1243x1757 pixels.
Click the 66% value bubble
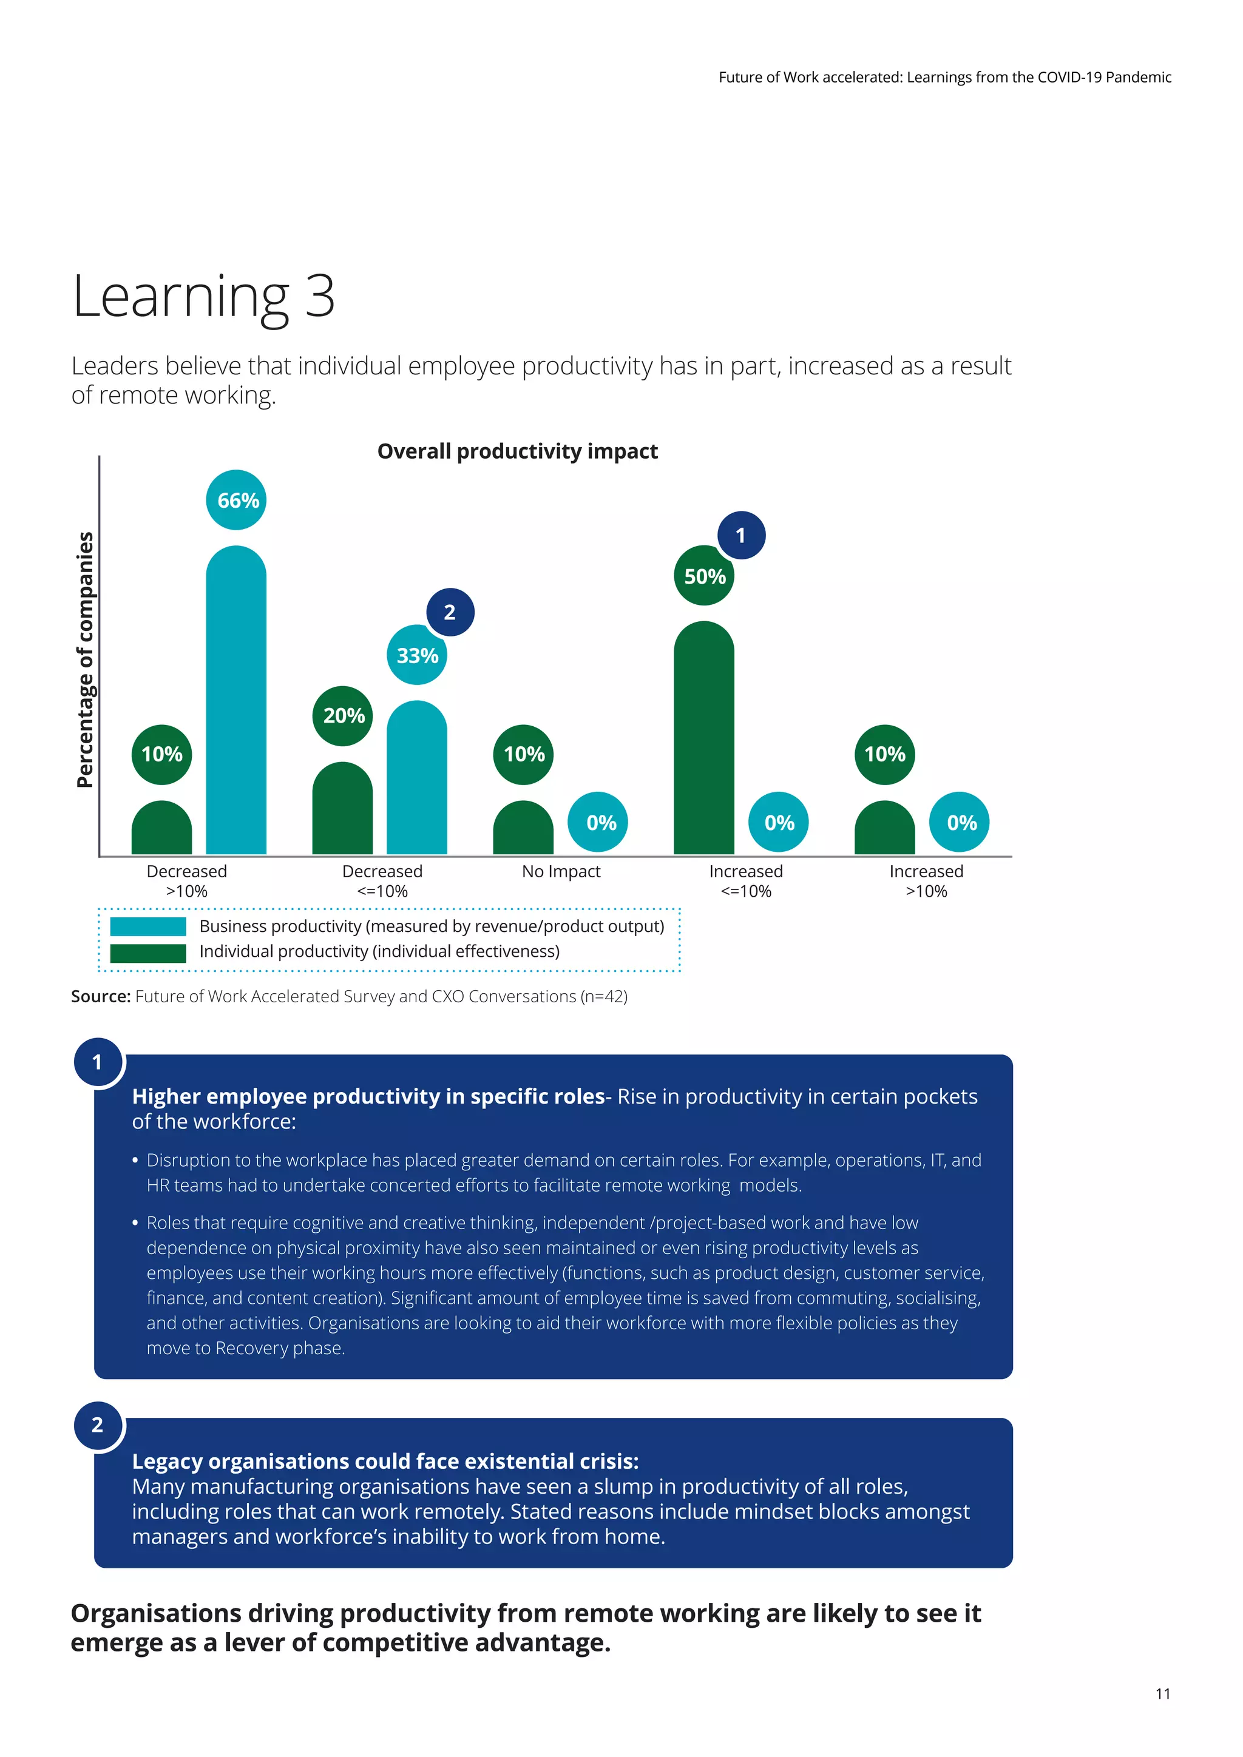coord(237,500)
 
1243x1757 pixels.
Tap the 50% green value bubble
coord(703,576)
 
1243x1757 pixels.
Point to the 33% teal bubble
coord(416,655)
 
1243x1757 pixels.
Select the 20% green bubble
coord(343,715)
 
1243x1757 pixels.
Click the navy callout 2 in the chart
coord(450,612)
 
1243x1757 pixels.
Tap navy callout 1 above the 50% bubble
coord(741,535)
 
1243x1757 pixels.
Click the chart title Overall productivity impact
coord(517,451)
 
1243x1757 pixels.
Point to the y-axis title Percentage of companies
coord(85,659)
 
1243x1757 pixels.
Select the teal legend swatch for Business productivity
coord(147,926)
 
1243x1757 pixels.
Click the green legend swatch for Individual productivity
coord(147,953)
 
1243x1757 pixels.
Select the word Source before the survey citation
coord(100,996)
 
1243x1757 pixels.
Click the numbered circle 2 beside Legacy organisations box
coord(98,1425)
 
